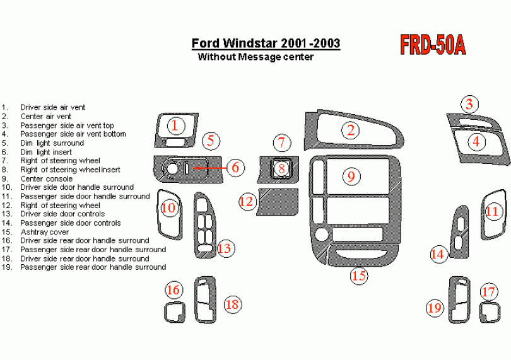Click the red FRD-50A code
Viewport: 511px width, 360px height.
tap(433, 45)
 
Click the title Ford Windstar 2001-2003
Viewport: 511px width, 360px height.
tap(266, 43)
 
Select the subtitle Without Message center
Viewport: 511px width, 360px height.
tap(255, 57)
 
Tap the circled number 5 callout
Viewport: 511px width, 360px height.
tap(211, 141)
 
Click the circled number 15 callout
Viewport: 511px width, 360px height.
tap(359, 276)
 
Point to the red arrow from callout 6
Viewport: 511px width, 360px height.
tap(210, 168)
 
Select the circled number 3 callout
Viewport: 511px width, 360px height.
tap(469, 104)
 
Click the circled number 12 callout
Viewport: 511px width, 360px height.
tap(247, 201)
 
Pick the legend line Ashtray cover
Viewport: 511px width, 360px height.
tap(45, 232)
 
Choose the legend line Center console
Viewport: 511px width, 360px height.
tap(46, 178)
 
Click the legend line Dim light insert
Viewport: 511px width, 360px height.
tap(46, 152)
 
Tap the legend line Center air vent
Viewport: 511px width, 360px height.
tap(45, 116)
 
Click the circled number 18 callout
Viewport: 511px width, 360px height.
tap(232, 305)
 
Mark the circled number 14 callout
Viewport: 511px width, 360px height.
tap(437, 254)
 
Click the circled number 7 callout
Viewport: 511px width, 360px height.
tap(281, 142)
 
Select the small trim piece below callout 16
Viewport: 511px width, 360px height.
tap(175, 312)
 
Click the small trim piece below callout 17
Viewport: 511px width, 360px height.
tap(490, 313)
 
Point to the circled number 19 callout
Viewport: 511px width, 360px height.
tap(435, 308)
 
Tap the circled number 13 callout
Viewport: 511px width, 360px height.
tap(224, 248)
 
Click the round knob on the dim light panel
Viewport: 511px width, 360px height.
tap(172, 168)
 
